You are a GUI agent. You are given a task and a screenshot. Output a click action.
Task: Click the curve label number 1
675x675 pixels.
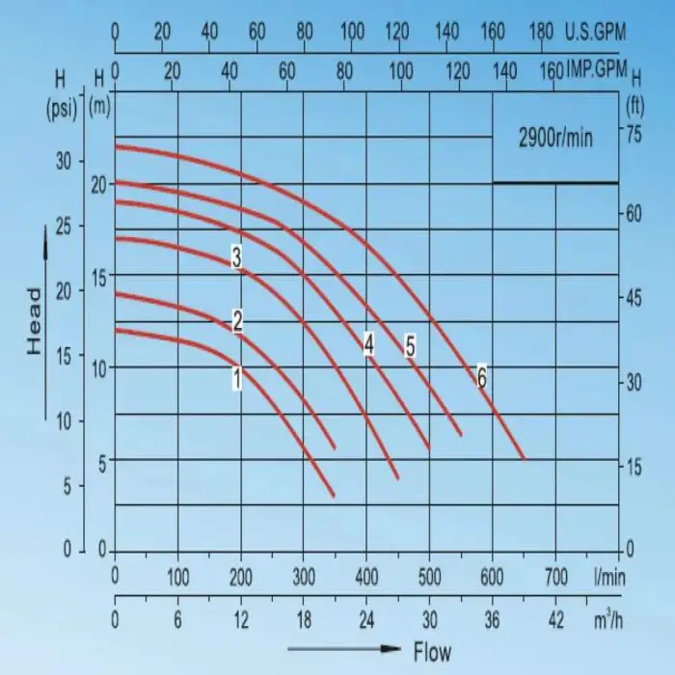235,377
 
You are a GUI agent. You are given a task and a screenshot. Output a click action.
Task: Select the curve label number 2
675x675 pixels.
236,322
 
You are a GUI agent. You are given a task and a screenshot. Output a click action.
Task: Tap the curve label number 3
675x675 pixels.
236,256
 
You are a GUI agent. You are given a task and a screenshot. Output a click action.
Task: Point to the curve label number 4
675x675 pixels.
368,344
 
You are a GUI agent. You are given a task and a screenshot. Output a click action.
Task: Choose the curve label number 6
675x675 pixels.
481,378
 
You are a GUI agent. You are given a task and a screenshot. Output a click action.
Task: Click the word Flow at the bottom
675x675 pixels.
432,652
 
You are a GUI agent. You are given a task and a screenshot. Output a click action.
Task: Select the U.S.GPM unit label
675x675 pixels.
596,33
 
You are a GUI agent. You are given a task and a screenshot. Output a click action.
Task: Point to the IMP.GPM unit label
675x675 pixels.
596,70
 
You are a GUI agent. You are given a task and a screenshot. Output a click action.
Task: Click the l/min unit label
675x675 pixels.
611,579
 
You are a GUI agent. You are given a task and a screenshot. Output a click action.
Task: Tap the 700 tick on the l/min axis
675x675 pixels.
556,579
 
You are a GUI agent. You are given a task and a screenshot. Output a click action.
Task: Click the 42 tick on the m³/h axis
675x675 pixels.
556,619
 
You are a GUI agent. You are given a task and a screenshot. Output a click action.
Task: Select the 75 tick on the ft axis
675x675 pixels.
634,136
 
